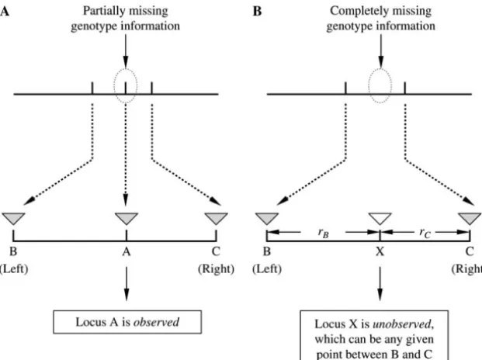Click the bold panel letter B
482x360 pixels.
click(x=257, y=12)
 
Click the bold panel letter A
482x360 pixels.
click(x=5, y=12)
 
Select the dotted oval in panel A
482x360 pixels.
click(x=114, y=86)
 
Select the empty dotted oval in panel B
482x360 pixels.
click(x=369, y=86)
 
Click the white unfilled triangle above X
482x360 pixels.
click(x=380, y=218)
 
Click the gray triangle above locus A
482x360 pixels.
click(x=127, y=218)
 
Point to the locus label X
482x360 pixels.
click(x=380, y=251)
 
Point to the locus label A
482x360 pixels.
click(x=127, y=251)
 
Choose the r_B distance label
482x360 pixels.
click(x=324, y=233)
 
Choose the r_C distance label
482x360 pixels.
click(x=425, y=233)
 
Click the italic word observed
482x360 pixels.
click(x=156, y=322)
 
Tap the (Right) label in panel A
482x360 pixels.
click(x=216, y=268)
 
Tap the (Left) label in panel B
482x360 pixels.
click(x=267, y=268)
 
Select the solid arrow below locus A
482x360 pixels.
click(x=127, y=284)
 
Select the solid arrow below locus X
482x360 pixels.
click(x=380, y=284)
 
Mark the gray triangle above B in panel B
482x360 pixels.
click(x=267, y=218)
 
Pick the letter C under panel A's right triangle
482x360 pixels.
click(x=216, y=251)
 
